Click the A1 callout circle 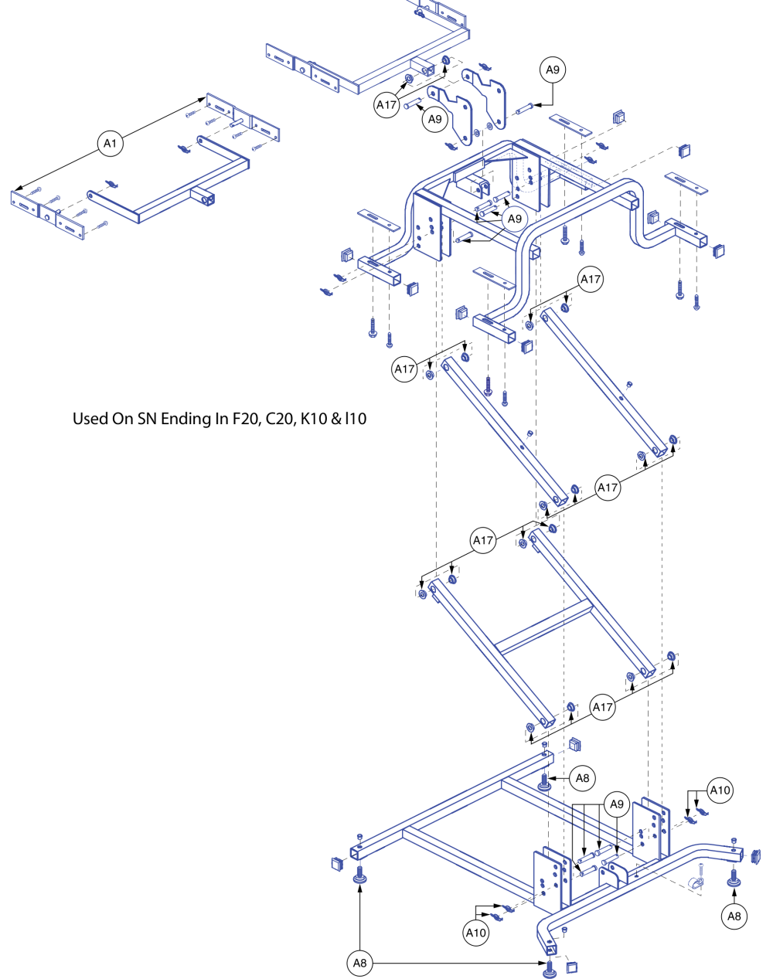tap(111, 144)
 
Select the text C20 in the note tap(280, 419)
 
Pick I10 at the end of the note tap(356, 419)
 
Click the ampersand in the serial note tap(336, 419)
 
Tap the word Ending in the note tap(184, 419)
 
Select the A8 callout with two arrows tap(359, 963)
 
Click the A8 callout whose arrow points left tap(583, 778)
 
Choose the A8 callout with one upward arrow tap(734, 916)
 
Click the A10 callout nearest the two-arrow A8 tap(476, 933)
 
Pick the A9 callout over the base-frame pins tap(616, 804)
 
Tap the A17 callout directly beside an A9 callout tap(386, 105)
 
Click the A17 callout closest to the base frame tap(603, 707)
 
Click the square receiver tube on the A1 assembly tap(206, 199)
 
